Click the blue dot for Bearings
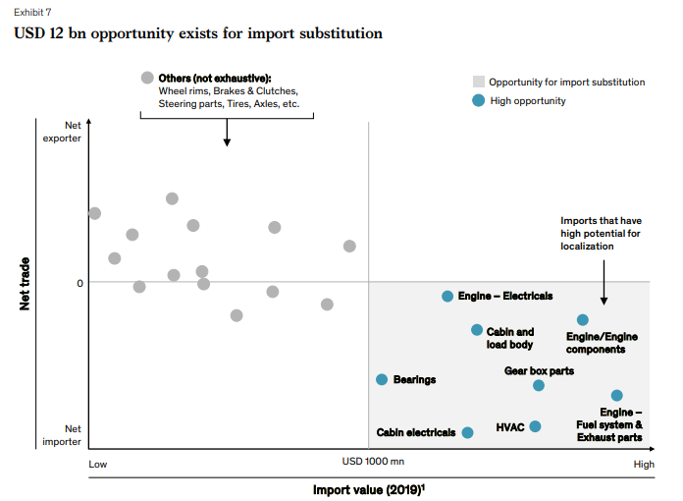(x=382, y=379)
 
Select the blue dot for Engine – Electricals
(x=447, y=296)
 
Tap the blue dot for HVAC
(x=535, y=426)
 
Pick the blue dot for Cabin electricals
(x=467, y=432)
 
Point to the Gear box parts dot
(x=539, y=385)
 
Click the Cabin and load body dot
(x=477, y=330)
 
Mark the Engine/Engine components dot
(x=583, y=319)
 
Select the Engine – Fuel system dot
(x=616, y=395)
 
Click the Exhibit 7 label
(x=31, y=13)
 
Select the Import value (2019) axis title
(x=369, y=488)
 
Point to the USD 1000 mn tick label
(x=373, y=462)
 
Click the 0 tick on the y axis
(x=79, y=283)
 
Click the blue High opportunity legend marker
(x=478, y=100)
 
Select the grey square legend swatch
(x=478, y=82)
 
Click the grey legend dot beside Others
(x=147, y=78)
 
